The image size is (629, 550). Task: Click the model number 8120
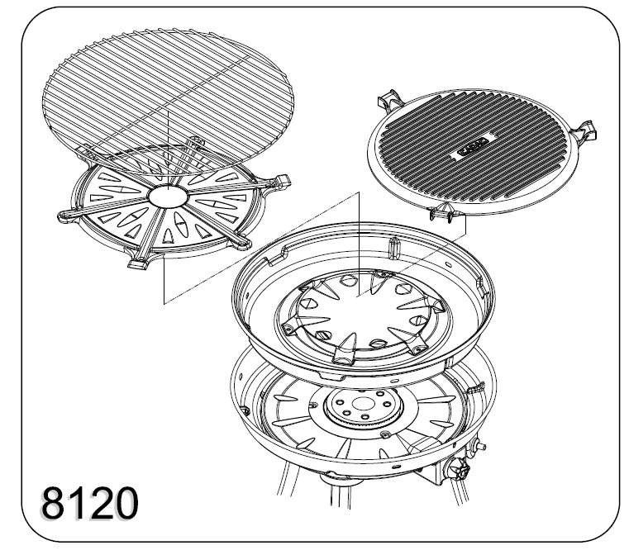pos(90,503)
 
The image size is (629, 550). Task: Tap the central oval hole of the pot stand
pos(168,197)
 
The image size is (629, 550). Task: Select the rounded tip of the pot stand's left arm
pos(64,216)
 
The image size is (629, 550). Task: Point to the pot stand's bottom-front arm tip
pos(136,263)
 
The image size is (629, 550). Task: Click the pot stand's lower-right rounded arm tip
pos(242,243)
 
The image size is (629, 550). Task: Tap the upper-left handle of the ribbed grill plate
pos(388,101)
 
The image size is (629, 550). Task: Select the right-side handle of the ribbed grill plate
pos(585,131)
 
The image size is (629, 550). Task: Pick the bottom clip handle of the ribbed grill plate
pos(441,211)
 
